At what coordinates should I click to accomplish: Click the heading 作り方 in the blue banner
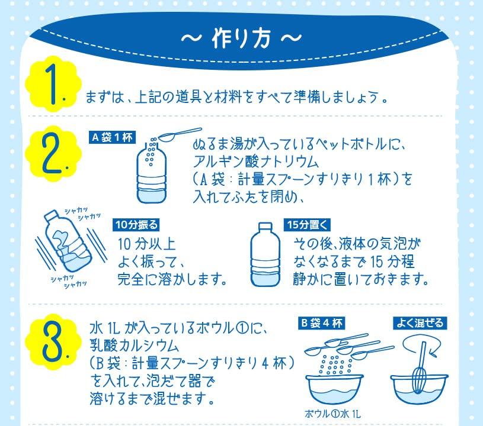(241, 38)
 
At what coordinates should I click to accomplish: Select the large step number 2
(53, 153)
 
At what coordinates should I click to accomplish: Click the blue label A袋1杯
(112, 137)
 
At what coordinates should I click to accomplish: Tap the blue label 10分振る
(137, 225)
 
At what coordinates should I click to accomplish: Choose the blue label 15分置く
(307, 225)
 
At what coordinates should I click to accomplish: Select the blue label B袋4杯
(321, 323)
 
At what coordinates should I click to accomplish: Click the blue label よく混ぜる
(420, 323)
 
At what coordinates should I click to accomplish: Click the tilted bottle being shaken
(68, 241)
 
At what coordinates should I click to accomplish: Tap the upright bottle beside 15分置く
(266, 254)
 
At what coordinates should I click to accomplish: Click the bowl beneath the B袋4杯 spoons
(334, 389)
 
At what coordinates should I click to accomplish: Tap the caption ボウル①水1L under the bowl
(332, 414)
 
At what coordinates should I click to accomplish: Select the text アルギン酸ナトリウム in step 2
(256, 162)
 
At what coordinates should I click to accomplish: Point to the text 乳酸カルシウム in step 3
(135, 346)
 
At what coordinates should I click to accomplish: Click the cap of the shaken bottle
(51, 215)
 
